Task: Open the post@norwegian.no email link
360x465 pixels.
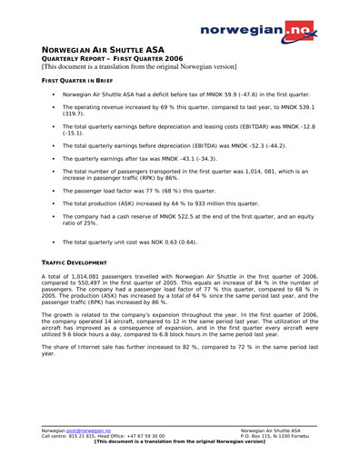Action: pyautogui.click(x=92, y=430)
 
